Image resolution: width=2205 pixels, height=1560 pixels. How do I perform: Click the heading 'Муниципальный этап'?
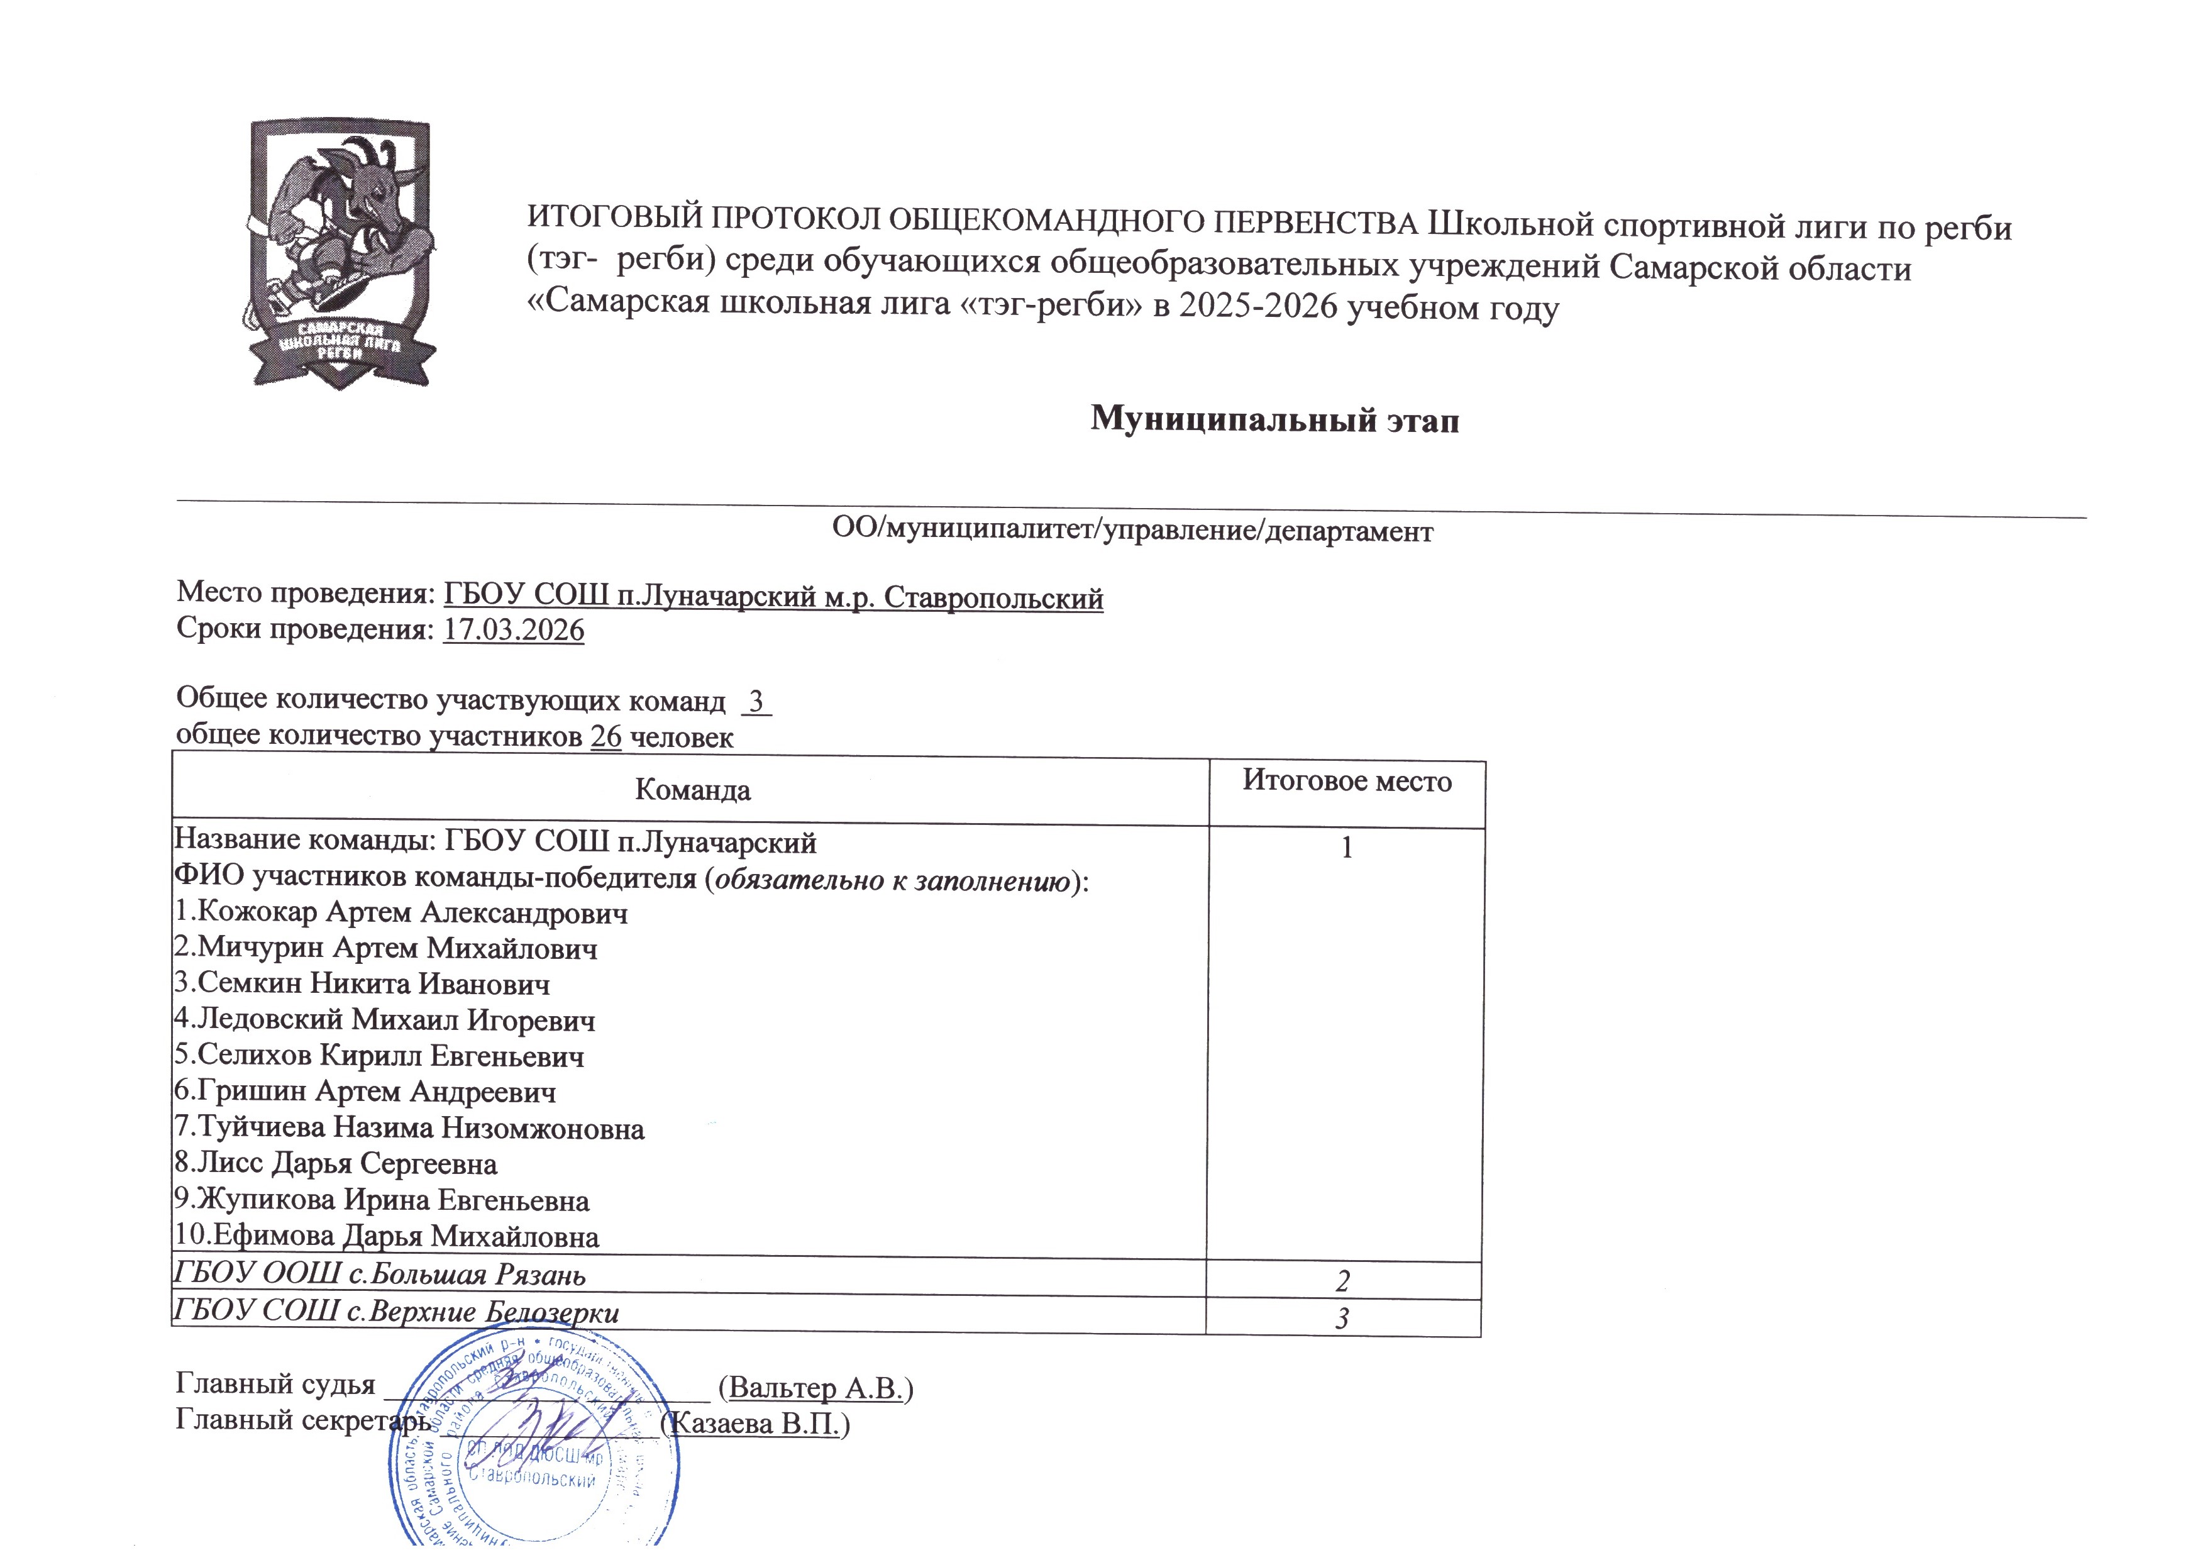pos(1274,420)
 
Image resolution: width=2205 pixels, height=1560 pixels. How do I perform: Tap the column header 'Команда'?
pos(692,790)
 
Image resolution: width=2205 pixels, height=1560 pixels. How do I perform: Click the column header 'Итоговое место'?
pos(1346,781)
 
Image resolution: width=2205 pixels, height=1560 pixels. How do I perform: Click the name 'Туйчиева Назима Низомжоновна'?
pos(421,1128)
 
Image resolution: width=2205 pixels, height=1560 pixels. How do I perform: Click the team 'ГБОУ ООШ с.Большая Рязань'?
pos(379,1275)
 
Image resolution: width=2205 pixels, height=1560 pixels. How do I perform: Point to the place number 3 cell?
pos(1342,1318)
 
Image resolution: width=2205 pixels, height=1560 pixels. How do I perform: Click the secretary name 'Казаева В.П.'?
pos(760,1424)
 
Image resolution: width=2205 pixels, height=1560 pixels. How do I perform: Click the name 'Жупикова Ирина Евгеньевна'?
pos(393,1201)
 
